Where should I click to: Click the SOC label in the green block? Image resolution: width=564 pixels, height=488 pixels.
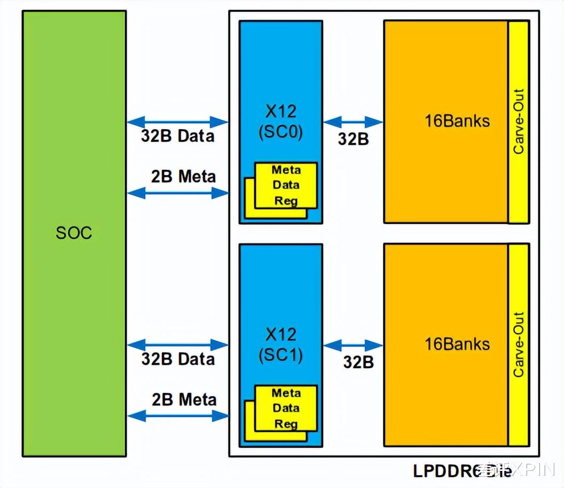(74, 233)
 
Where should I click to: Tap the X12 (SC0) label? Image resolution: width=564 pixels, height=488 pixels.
(280, 122)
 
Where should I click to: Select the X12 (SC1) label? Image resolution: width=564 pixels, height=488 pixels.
(280, 344)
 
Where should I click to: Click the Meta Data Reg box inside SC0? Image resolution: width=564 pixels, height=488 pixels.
(286, 185)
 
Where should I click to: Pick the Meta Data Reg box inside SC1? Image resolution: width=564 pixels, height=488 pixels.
(286, 408)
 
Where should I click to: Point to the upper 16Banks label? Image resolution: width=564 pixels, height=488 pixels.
(457, 121)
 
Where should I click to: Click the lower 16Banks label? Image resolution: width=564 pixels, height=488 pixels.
(457, 344)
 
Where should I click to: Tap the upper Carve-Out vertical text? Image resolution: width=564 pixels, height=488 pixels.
(518, 122)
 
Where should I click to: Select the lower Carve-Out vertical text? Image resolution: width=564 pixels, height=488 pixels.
(518, 345)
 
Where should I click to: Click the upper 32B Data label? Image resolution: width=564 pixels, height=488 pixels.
(177, 136)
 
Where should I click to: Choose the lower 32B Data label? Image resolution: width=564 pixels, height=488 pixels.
(177, 359)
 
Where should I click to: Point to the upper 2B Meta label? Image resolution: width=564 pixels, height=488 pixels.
(183, 176)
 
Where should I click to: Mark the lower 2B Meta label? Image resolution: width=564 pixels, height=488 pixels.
(184, 399)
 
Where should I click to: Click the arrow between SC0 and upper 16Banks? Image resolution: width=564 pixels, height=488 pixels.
(353, 122)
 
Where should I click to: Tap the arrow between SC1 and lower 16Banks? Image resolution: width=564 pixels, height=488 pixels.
(353, 345)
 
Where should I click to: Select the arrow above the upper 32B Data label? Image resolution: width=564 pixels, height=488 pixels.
(178, 122)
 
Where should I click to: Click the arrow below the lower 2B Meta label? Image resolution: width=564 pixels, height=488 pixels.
(178, 416)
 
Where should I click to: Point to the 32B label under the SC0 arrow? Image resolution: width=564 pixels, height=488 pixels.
(353, 139)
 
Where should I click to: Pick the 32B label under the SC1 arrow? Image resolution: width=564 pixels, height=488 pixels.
(358, 362)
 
